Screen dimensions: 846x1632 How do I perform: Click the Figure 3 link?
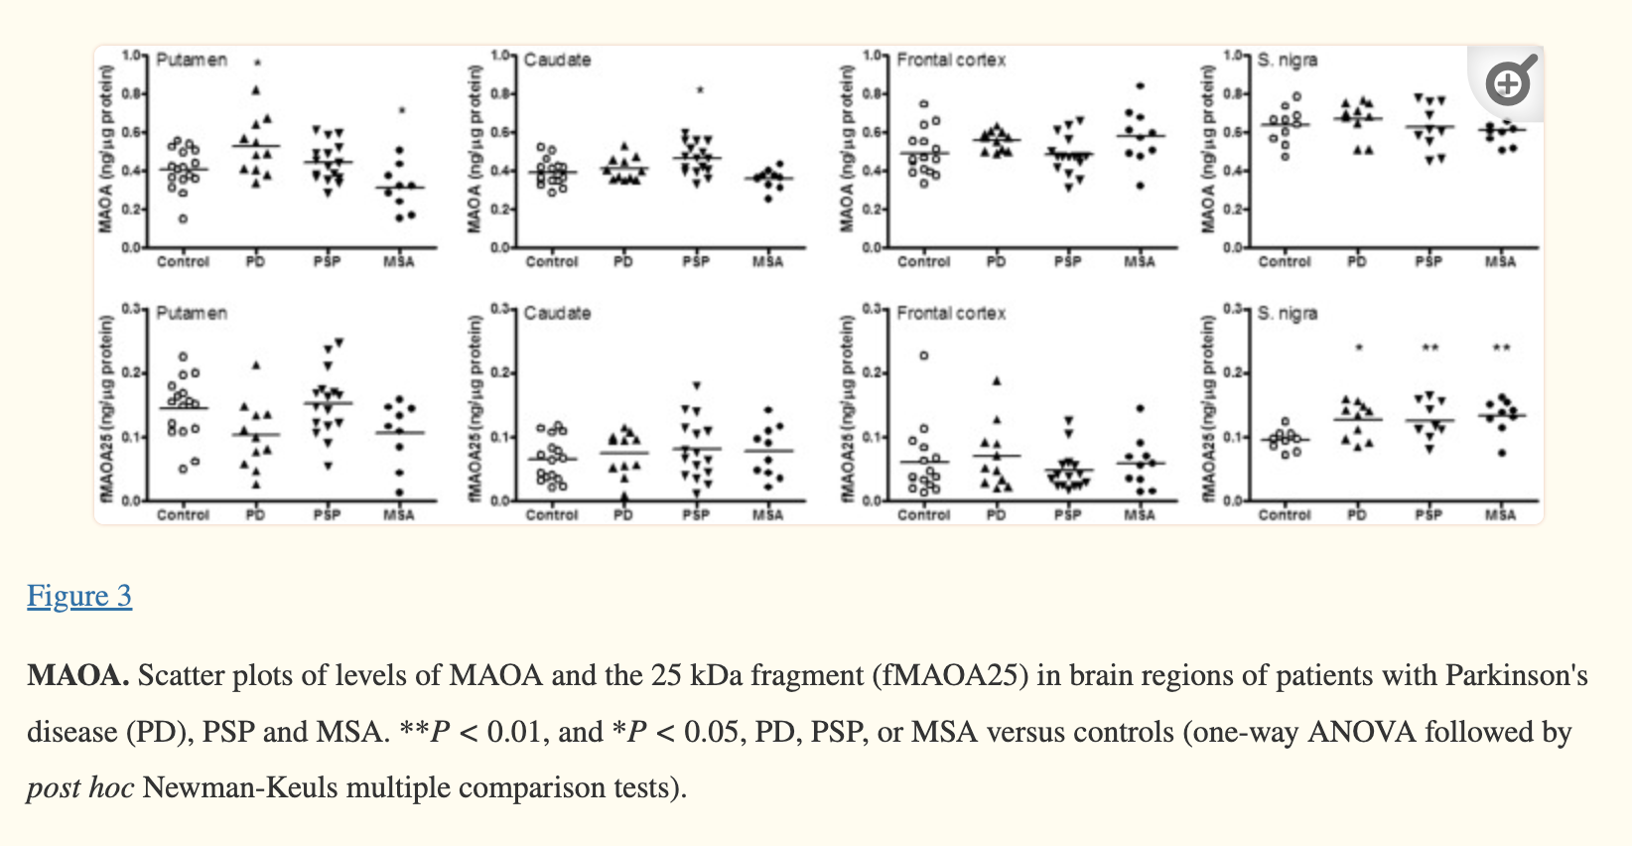click(x=79, y=596)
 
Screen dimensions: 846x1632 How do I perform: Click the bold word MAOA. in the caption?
click(x=77, y=676)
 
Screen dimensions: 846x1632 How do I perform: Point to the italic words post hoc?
click(x=79, y=788)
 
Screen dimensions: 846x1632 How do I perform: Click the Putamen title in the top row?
click(x=192, y=61)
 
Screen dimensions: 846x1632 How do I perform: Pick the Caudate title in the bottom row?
click(x=557, y=314)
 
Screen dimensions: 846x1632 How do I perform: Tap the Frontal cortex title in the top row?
click(x=951, y=61)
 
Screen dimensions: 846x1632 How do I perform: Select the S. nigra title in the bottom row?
click(x=1288, y=314)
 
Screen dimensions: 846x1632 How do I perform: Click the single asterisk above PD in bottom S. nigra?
click(x=1358, y=349)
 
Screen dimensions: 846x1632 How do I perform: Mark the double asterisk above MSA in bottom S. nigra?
click(x=1501, y=349)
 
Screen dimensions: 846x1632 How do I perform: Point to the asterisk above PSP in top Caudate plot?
click(x=699, y=91)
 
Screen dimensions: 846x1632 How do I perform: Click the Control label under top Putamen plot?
click(x=184, y=262)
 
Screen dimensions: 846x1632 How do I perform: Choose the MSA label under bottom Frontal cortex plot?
click(x=1139, y=515)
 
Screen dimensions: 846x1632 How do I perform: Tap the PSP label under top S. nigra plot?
click(x=1428, y=262)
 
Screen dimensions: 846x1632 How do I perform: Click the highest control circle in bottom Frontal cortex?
click(x=924, y=355)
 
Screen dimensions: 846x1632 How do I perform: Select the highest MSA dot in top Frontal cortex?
click(x=1141, y=86)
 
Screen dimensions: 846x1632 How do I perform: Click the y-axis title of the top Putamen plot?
click(x=106, y=149)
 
